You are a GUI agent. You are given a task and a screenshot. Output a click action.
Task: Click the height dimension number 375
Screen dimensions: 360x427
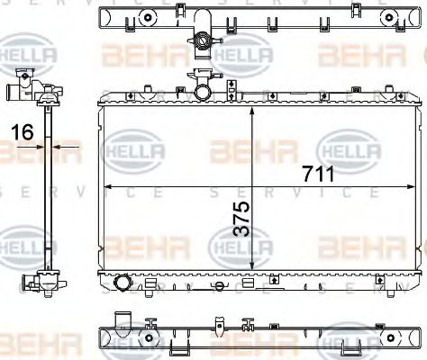pyautogui.click(x=241, y=219)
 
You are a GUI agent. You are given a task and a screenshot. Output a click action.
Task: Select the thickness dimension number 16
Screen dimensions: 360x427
pyautogui.click(x=23, y=132)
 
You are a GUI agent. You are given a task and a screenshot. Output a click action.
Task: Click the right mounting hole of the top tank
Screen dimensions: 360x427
pyautogui.click(x=390, y=17)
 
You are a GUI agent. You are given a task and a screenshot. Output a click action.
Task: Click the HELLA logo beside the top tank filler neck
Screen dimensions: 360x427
pyautogui.click(x=245, y=56)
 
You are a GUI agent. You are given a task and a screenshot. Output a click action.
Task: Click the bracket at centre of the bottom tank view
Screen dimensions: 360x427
pyautogui.click(x=216, y=325)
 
